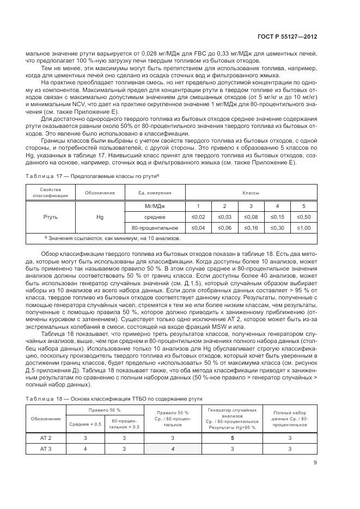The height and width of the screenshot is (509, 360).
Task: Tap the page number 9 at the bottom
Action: [x=315, y=464]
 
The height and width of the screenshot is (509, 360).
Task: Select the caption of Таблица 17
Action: [x=92, y=176]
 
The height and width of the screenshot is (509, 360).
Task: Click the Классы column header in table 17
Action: [x=251, y=193]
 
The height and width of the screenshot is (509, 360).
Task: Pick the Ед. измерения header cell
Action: [x=155, y=193]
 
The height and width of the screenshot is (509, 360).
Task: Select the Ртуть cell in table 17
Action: [x=50, y=217]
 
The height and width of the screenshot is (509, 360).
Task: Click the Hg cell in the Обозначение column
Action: [x=100, y=217]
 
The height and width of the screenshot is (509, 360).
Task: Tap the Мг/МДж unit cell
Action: [x=155, y=206]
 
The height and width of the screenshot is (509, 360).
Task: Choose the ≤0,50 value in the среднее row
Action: [x=303, y=217]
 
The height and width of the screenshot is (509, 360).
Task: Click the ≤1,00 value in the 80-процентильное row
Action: [x=303, y=227]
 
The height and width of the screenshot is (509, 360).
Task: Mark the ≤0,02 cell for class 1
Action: [x=198, y=217]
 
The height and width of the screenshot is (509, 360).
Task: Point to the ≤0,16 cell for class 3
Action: [x=251, y=227]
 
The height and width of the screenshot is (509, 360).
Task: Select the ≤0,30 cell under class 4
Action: [x=277, y=227]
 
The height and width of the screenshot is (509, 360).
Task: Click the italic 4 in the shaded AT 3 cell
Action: [x=173, y=449]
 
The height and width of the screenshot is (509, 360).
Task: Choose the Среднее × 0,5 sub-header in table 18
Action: [x=82, y=424]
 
